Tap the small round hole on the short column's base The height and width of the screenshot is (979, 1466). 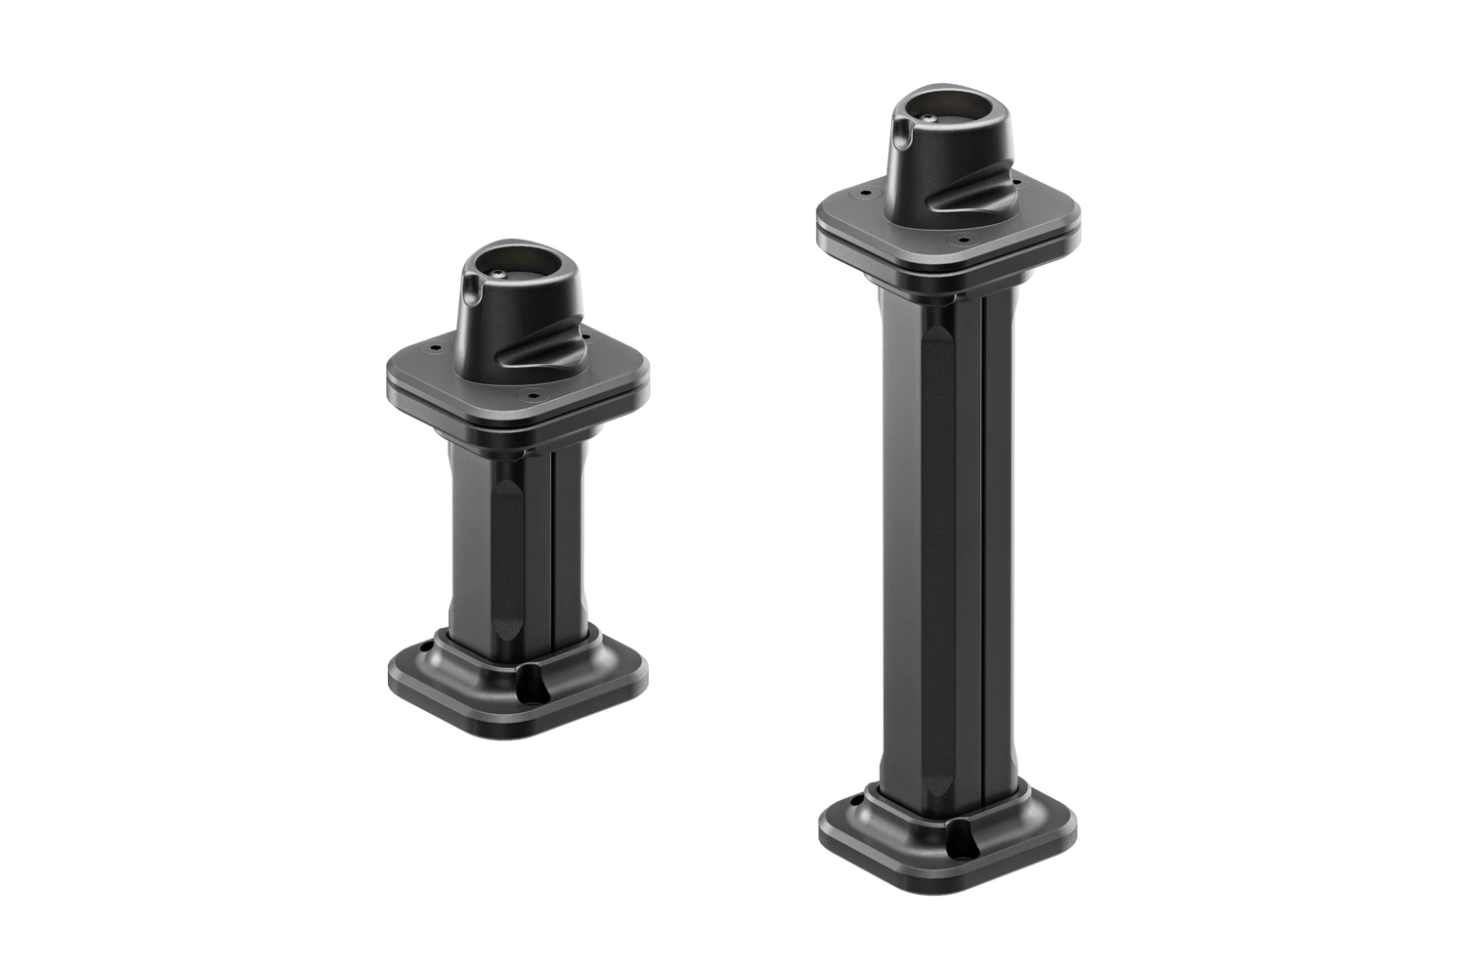coord(427,646)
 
